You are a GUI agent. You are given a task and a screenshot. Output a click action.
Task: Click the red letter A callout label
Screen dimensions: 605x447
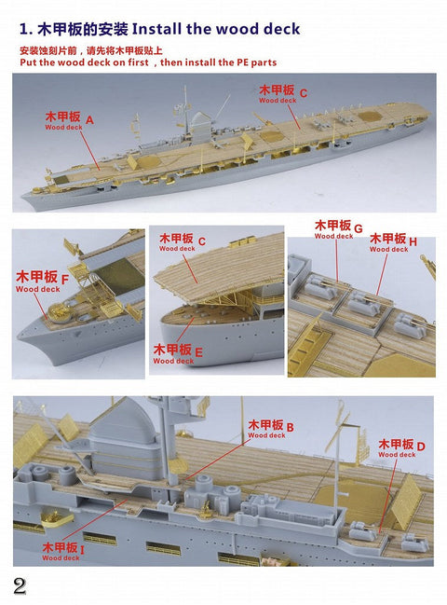point(89,120)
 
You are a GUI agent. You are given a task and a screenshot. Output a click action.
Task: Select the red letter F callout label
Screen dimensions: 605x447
point(64,279)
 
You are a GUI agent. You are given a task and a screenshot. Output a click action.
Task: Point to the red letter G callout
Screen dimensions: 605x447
point(358,227)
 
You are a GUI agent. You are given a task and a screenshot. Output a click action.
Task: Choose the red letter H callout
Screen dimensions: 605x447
point(413,241)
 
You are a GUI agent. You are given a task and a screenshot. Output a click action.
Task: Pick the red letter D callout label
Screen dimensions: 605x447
point(420,446)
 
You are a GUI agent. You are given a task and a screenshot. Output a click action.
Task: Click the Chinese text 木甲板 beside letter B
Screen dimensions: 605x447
point(264,426)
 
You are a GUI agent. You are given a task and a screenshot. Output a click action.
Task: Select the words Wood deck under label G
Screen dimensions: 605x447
point(333,237)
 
